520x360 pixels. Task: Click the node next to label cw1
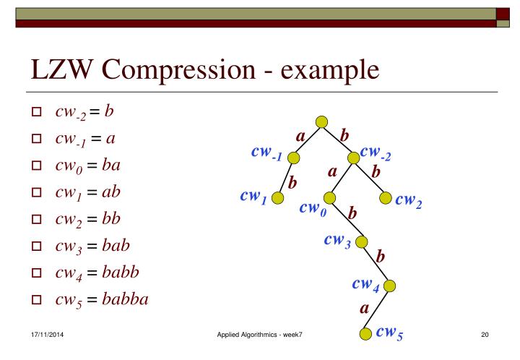(277, 197)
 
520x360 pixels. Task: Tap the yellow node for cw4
(390, 286)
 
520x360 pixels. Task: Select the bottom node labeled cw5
(366, 333)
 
